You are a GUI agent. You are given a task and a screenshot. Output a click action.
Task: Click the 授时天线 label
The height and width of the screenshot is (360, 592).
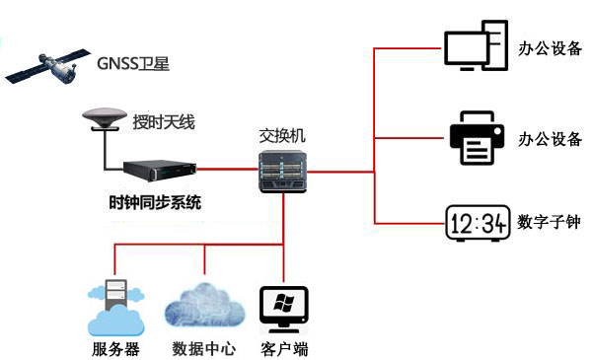[x=164, y=123]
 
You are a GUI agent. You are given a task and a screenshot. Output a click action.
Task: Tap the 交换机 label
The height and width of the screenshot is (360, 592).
[x=282, y=136]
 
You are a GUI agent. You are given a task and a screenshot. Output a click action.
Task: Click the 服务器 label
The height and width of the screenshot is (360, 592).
[x=115, y=349]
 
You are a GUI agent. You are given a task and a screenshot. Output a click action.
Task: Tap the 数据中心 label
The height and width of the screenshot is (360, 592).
[x=204, y=349]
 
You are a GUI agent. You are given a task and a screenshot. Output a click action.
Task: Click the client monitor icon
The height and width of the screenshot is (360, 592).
[x=283, y=308]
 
